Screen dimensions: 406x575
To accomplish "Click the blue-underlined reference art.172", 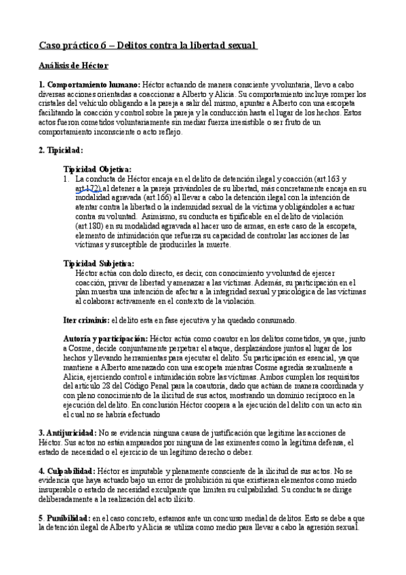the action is (89, 188).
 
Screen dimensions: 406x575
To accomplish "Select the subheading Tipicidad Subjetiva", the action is (98, 263).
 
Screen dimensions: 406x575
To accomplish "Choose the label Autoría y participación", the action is (105, 338).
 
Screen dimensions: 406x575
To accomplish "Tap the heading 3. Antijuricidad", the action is (67, 432).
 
